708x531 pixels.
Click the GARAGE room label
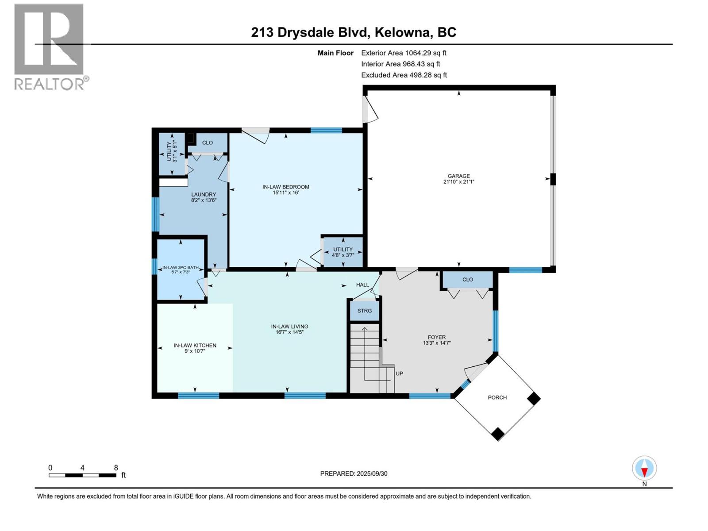click(x=458, y=176)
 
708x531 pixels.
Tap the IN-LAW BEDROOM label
click(x=285, y=187)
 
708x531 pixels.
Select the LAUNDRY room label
click(x=204, y=194)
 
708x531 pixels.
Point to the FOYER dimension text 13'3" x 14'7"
click(x=436, y=343)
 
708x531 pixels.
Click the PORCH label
click(x=497, y=397)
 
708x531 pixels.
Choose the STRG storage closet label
click(x=364, y=311)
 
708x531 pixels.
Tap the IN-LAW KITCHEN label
click(x=195, y=346)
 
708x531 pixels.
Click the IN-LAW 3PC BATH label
click(x=180, y=268)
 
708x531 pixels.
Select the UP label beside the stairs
click(x=399, y=373)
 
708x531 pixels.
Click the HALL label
click(x=362, y=285)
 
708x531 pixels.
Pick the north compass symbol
click(x=644, y=468)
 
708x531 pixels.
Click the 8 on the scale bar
click(x=116, y=468)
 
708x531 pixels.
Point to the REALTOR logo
click(x=50, y=46)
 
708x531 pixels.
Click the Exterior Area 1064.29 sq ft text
click(x=404, y=53)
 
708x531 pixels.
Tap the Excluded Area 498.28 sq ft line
click(x=404, y=75)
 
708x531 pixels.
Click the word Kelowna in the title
click(x=402, y=32)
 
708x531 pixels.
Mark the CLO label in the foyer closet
click(x=467, y=280)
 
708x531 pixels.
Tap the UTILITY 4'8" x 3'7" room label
click(x=343, y=252)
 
